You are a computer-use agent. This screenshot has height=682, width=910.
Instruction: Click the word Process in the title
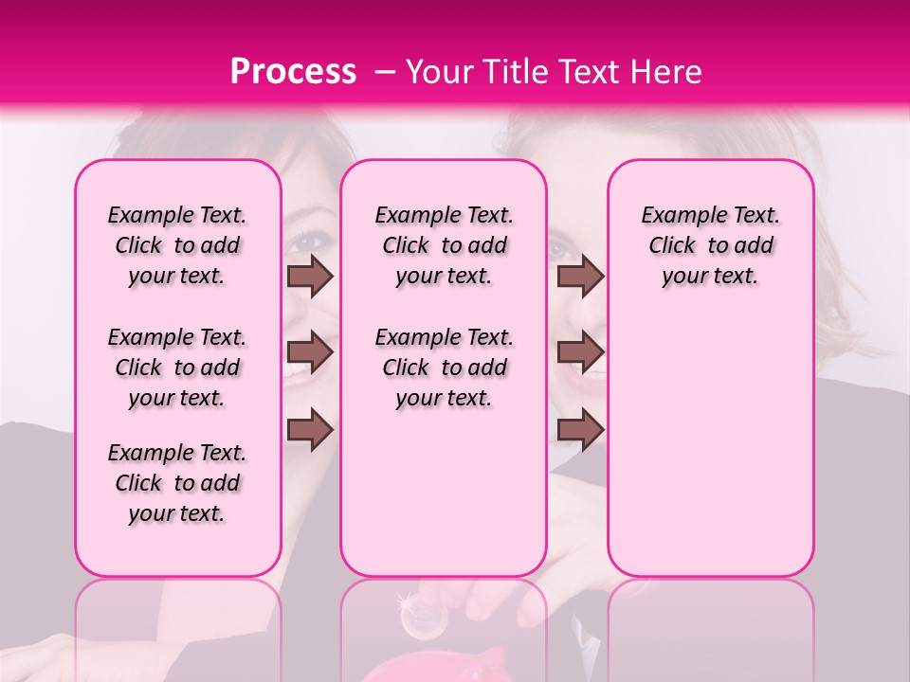(292, 72)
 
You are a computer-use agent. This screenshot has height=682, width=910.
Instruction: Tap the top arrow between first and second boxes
(310, 276)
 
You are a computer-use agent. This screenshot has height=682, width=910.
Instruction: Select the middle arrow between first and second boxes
(310, 352)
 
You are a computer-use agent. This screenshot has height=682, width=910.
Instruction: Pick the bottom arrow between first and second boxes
(310, 428)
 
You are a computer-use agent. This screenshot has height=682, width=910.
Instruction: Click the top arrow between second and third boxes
(580, 276)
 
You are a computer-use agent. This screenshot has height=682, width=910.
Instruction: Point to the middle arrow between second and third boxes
(580, 352)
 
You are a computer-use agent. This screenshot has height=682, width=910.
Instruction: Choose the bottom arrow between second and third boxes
(580, 428)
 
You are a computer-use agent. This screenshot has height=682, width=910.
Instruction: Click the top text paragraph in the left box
(177, 245)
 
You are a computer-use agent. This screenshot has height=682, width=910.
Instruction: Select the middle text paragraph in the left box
(177, 368)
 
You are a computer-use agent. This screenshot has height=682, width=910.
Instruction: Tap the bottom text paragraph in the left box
(177, 483)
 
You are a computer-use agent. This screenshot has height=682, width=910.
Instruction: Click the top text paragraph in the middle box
(444, 245)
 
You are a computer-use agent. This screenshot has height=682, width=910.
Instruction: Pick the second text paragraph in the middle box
(444, 368)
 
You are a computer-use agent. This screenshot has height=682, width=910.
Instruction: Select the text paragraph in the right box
(710, 245)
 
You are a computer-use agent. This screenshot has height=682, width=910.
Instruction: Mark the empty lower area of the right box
(710, 445)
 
